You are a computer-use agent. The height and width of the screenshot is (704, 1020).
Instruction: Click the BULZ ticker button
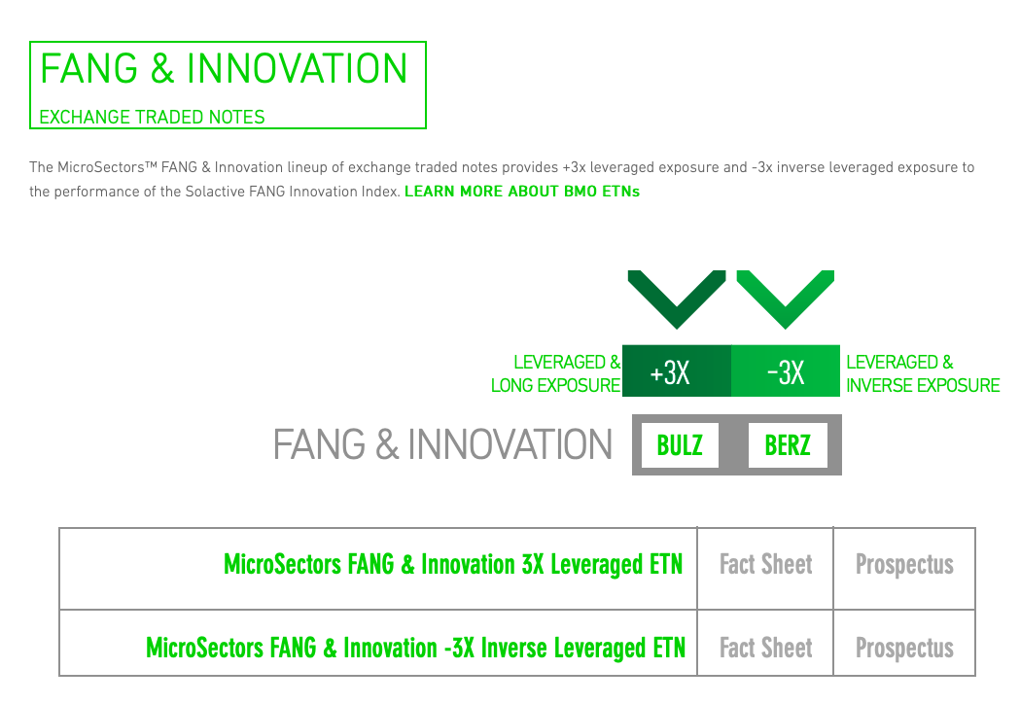pos(680,445)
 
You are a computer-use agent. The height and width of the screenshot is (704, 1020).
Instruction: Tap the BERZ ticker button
pos(788,445)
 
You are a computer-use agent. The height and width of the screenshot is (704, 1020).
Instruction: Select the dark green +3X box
pos(677,370)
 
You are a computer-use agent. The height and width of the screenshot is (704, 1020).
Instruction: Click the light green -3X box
pos(786,370)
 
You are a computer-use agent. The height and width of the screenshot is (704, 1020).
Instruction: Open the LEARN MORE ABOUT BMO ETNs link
pos(522,192)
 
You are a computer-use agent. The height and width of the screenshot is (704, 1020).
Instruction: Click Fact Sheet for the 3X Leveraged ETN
pos(765,565)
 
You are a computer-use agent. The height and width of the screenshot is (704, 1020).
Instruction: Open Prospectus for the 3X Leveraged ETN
pos(904,565)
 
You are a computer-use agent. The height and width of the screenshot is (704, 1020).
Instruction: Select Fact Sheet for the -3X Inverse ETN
pos(765,648)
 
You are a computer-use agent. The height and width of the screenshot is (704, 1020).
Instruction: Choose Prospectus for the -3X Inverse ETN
pos(904,648)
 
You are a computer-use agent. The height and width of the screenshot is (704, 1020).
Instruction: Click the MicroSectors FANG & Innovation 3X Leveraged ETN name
pos(453,565)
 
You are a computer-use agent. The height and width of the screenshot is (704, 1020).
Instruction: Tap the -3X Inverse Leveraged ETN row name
pos(415,648)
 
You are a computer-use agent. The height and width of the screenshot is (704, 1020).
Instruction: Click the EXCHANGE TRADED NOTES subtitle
pos(153,117)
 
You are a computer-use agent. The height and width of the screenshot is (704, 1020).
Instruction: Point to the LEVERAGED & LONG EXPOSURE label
pos(556,373)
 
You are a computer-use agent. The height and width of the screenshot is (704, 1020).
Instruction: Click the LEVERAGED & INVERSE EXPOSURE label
pos(923,373)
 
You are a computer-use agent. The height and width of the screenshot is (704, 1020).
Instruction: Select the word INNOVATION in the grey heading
pos(510,445)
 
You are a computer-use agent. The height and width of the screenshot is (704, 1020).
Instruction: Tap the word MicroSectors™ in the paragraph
pos(107,167)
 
